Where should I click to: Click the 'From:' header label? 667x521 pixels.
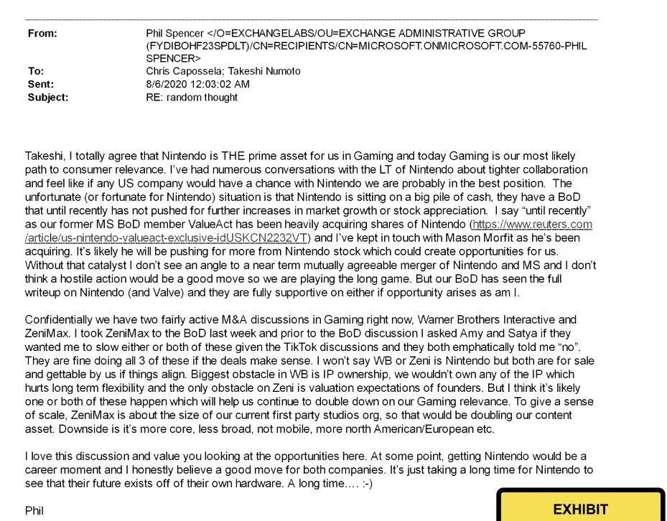tap(43, 34)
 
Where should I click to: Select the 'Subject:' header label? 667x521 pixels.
tap(48, 97)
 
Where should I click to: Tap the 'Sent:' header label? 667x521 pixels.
tap(41, 84)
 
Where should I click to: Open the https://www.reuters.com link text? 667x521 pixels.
tap(532, 225)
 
